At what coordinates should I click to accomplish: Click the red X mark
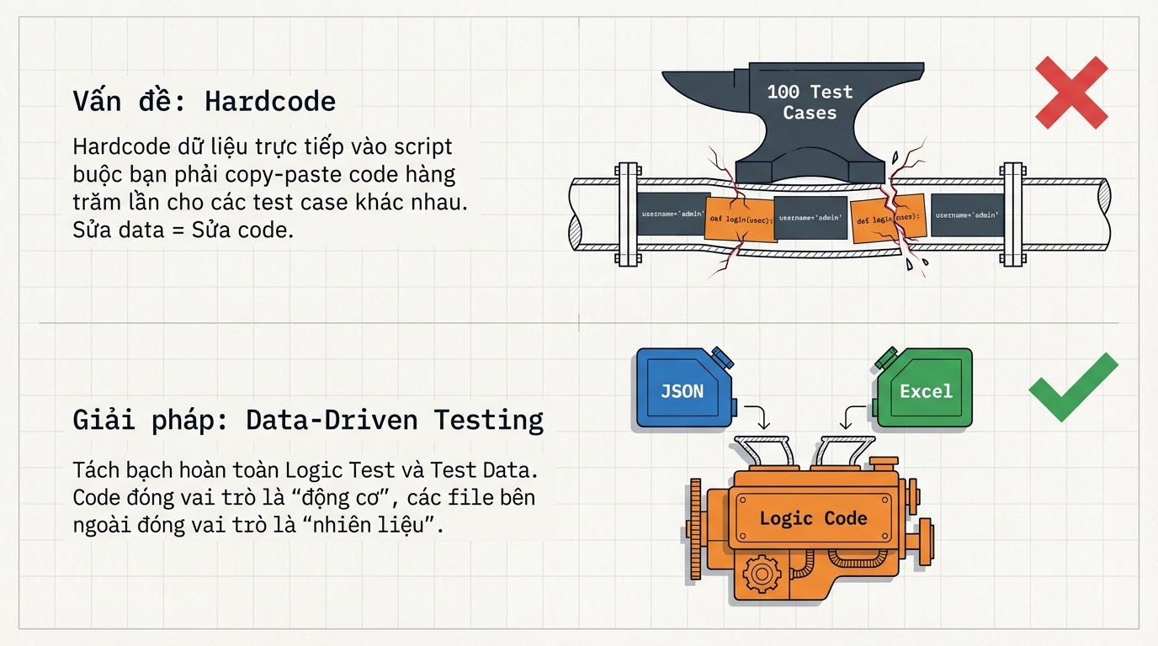point(1070,92)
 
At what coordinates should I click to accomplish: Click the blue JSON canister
point(683,388)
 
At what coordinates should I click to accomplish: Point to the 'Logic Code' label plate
point(812,518)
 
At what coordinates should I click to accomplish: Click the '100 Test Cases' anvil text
point(810,102)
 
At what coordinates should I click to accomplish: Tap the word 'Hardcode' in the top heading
point(270,102)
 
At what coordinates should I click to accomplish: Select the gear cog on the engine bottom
point(762,575)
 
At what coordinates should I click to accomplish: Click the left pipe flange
point(627,214)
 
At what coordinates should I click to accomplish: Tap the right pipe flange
point(1012,214)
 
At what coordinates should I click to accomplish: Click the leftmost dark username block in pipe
point(673,214)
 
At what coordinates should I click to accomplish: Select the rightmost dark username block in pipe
point(968,214)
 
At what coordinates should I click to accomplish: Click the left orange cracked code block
point(738,220)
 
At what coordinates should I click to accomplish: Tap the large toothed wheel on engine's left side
point(695,521)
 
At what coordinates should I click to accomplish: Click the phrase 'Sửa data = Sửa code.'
point(183,230)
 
